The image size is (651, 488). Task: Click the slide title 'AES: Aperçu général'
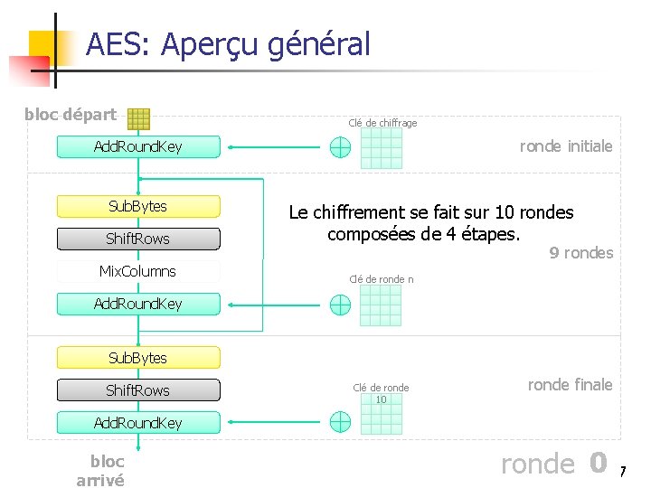click(228, 44)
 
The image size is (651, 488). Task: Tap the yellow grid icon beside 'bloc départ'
click(138, 118)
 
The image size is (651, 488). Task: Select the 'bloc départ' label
click(71, 115)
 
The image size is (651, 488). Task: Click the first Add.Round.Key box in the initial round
click(138, 147)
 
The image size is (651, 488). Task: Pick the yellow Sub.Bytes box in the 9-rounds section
click(138, 207)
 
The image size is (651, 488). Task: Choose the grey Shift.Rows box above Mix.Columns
click(138, 239)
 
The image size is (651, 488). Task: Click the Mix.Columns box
click(138, 272)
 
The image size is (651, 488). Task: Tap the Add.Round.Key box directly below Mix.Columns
click(138, 305)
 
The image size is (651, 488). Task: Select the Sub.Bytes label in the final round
click(138, 359)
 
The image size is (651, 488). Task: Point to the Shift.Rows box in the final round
click(138, 391)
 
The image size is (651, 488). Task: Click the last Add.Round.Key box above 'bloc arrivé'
click(138, 423)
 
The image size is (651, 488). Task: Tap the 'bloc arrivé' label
click(100, 471)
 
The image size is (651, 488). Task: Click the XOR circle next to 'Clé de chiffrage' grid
click(340, 147)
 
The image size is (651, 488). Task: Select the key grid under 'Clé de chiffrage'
click(381, 148)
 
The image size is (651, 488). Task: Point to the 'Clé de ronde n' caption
click(382, 279)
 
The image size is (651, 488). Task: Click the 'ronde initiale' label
click(566, 146)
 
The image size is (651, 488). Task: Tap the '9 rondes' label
click(581, 253)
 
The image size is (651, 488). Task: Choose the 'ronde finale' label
click(570, 385)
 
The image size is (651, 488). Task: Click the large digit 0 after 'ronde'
click(597, 463)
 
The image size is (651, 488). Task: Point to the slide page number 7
click(622, 472)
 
